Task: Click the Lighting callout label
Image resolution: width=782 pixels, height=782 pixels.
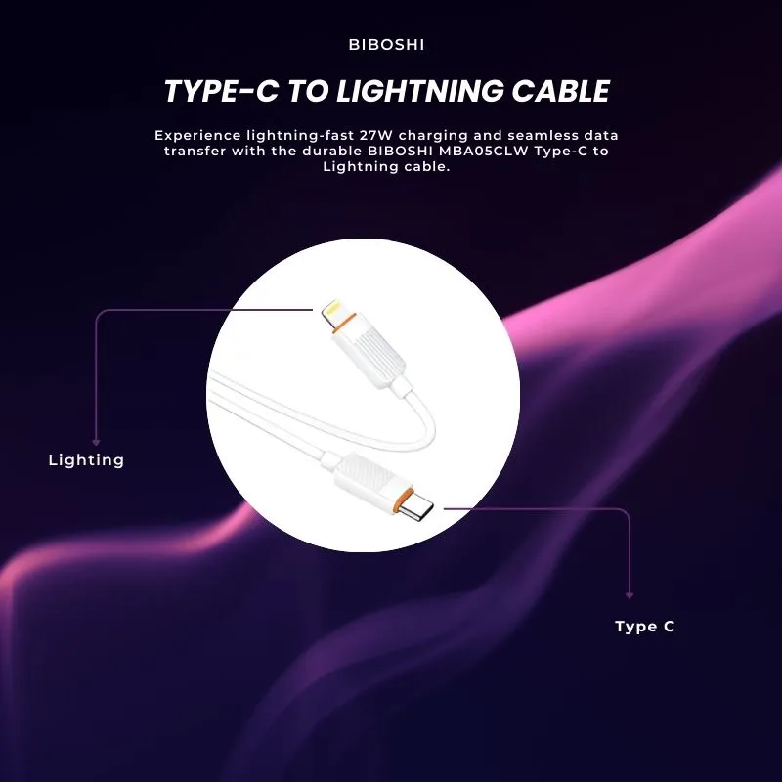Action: [86, 459]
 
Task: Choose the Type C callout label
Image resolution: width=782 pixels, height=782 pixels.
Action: [644, 627]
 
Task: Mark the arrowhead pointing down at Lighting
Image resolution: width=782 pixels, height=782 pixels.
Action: [96, 441]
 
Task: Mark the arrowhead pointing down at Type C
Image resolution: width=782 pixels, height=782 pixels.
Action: [630, 593]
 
